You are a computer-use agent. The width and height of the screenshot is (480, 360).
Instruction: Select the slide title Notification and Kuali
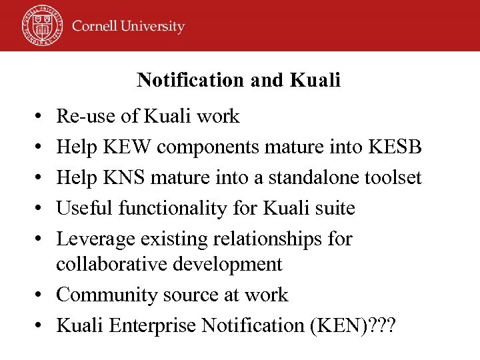(239, 81)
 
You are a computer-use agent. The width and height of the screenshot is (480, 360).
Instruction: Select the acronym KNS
(123, 177)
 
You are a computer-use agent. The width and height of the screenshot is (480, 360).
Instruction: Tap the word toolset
(395, 177)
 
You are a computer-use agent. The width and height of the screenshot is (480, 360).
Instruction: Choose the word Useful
(85, 208)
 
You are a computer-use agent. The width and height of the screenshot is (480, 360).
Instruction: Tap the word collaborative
(111, 264)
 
